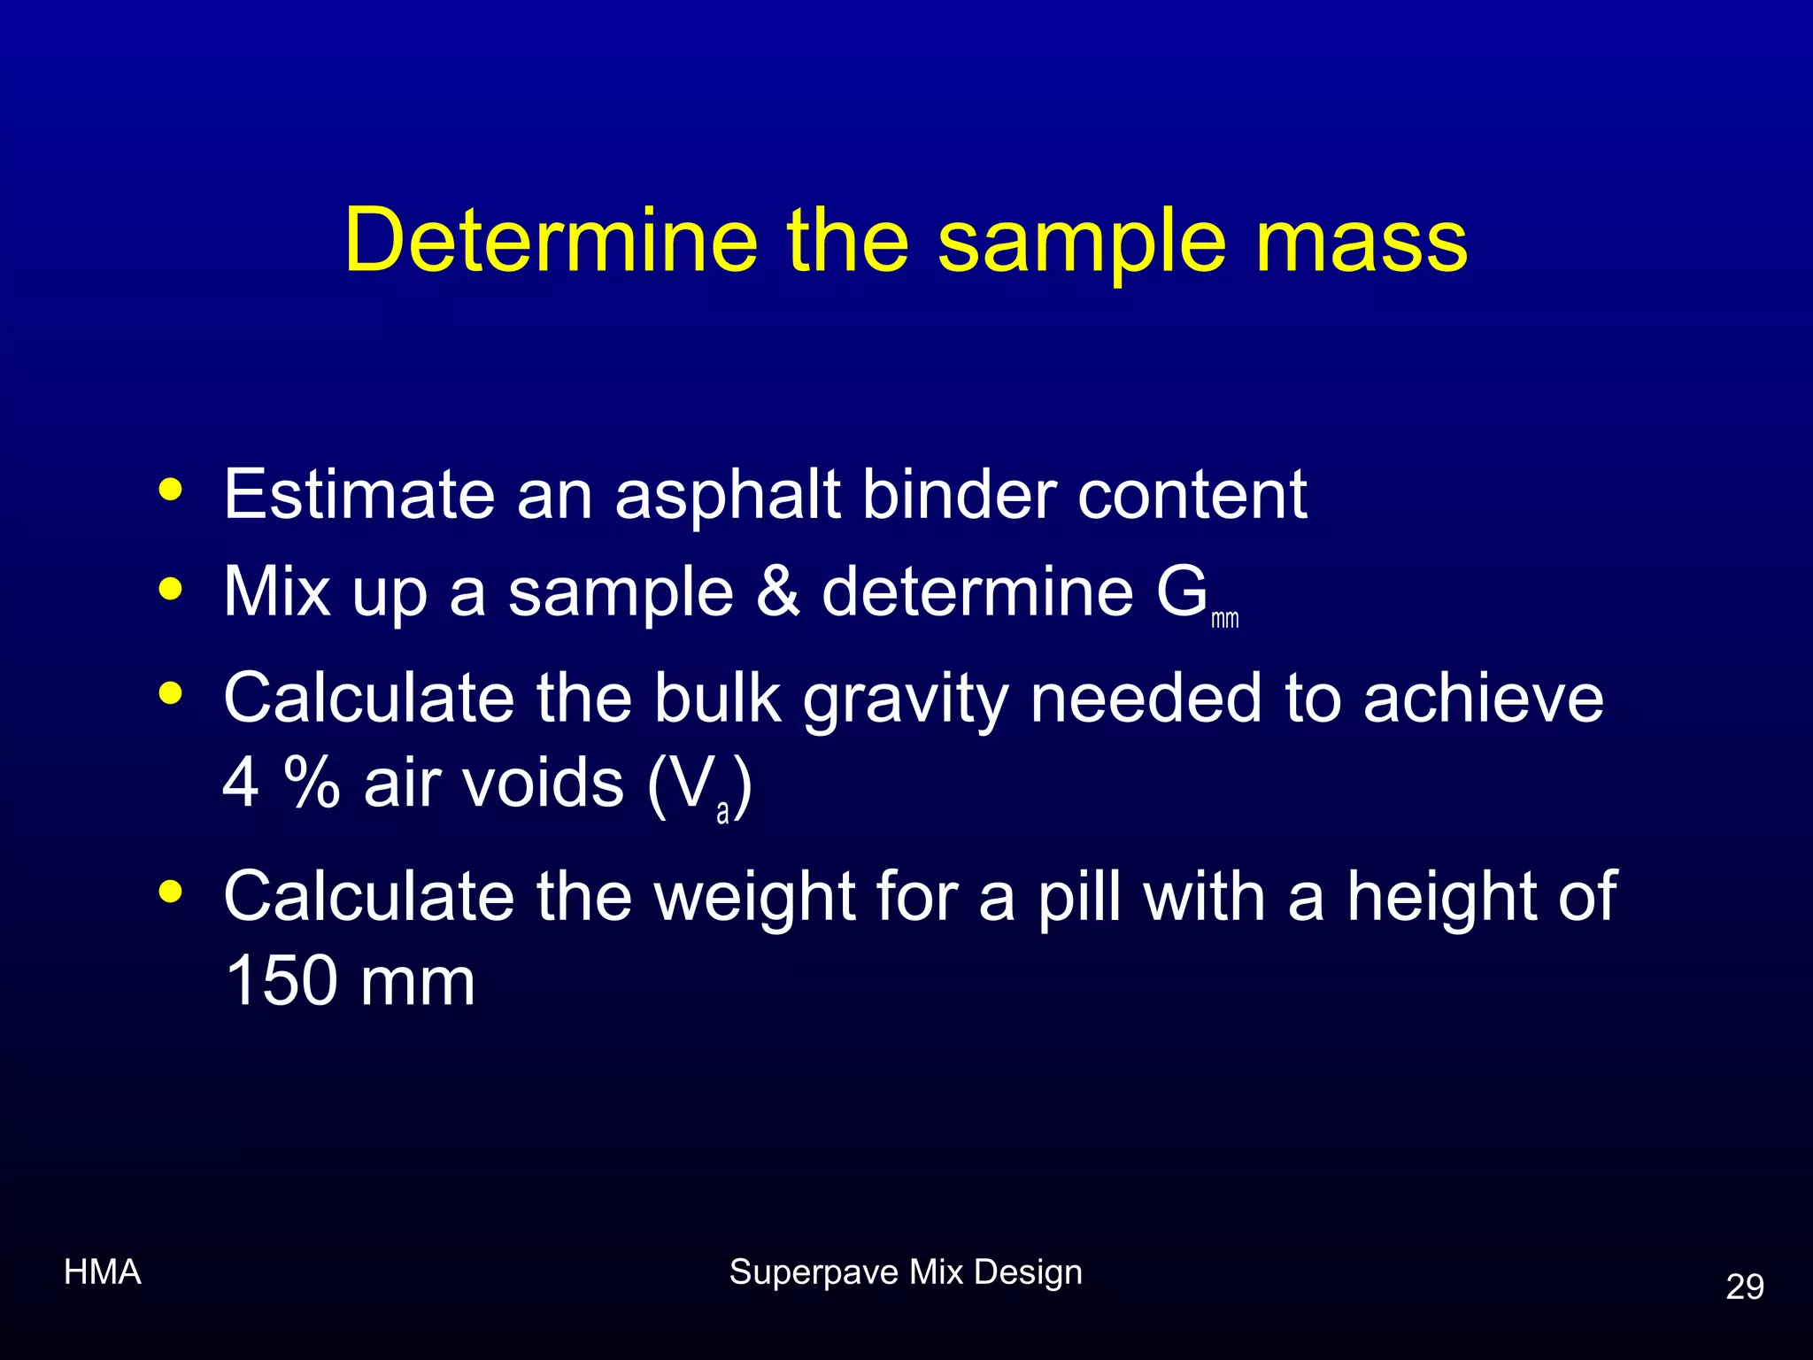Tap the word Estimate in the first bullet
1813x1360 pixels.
click(x=359, y=494)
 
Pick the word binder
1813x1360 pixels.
click(x=959, y=494)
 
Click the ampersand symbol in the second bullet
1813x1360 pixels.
click(x=778, y=591)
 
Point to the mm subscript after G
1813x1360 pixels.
click(x=1225, y=619)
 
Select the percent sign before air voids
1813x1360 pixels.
click(x=312, y=783)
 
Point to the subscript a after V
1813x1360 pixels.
click(x=722, y=812)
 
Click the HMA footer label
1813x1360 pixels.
click(x=103, y=1272)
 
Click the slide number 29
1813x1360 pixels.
click(x=1744, y=1287)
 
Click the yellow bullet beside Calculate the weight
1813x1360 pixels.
click(x=170, y=892)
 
